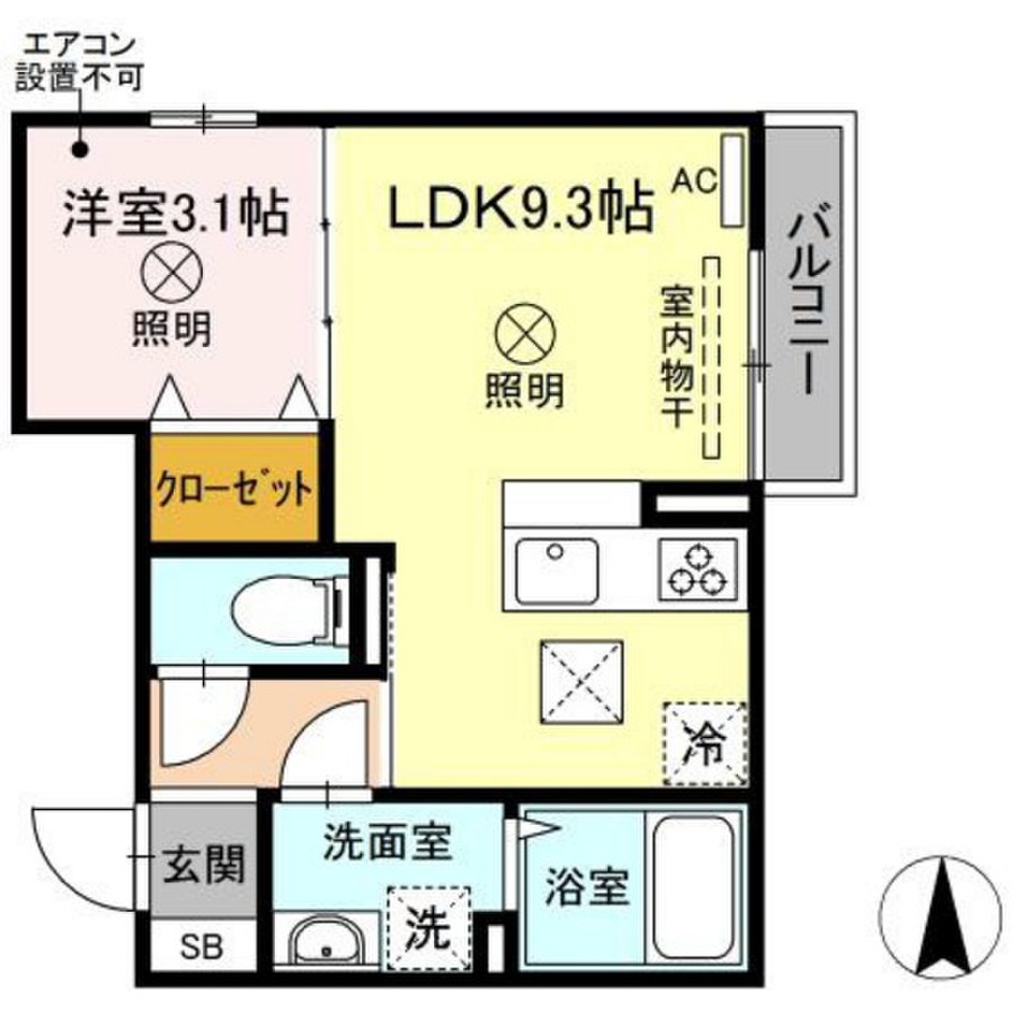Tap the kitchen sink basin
(556, 571)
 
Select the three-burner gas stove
(697, 569)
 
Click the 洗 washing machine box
(428, 928)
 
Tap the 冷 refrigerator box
(705, 744)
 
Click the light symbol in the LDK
(525, 333)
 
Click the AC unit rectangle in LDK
(732, 180)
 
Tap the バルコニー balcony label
(807, 297)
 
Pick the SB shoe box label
(201, 947)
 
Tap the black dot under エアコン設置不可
(80, 150)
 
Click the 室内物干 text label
(676, 356)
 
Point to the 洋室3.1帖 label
(175, 213)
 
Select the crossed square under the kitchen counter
(582, 682)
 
